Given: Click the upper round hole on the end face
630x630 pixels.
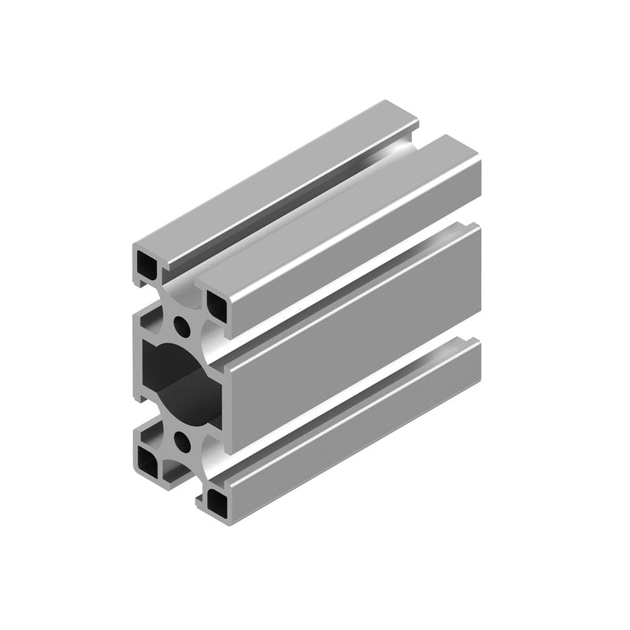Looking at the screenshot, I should tap(183, 323).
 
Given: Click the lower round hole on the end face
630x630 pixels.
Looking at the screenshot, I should tap(182, 438).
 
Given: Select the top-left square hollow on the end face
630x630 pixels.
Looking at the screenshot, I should tap(146, 264).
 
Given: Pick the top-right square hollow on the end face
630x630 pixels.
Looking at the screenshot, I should tap(217, 303).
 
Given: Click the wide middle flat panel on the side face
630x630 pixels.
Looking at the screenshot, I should tap(354, 339).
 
